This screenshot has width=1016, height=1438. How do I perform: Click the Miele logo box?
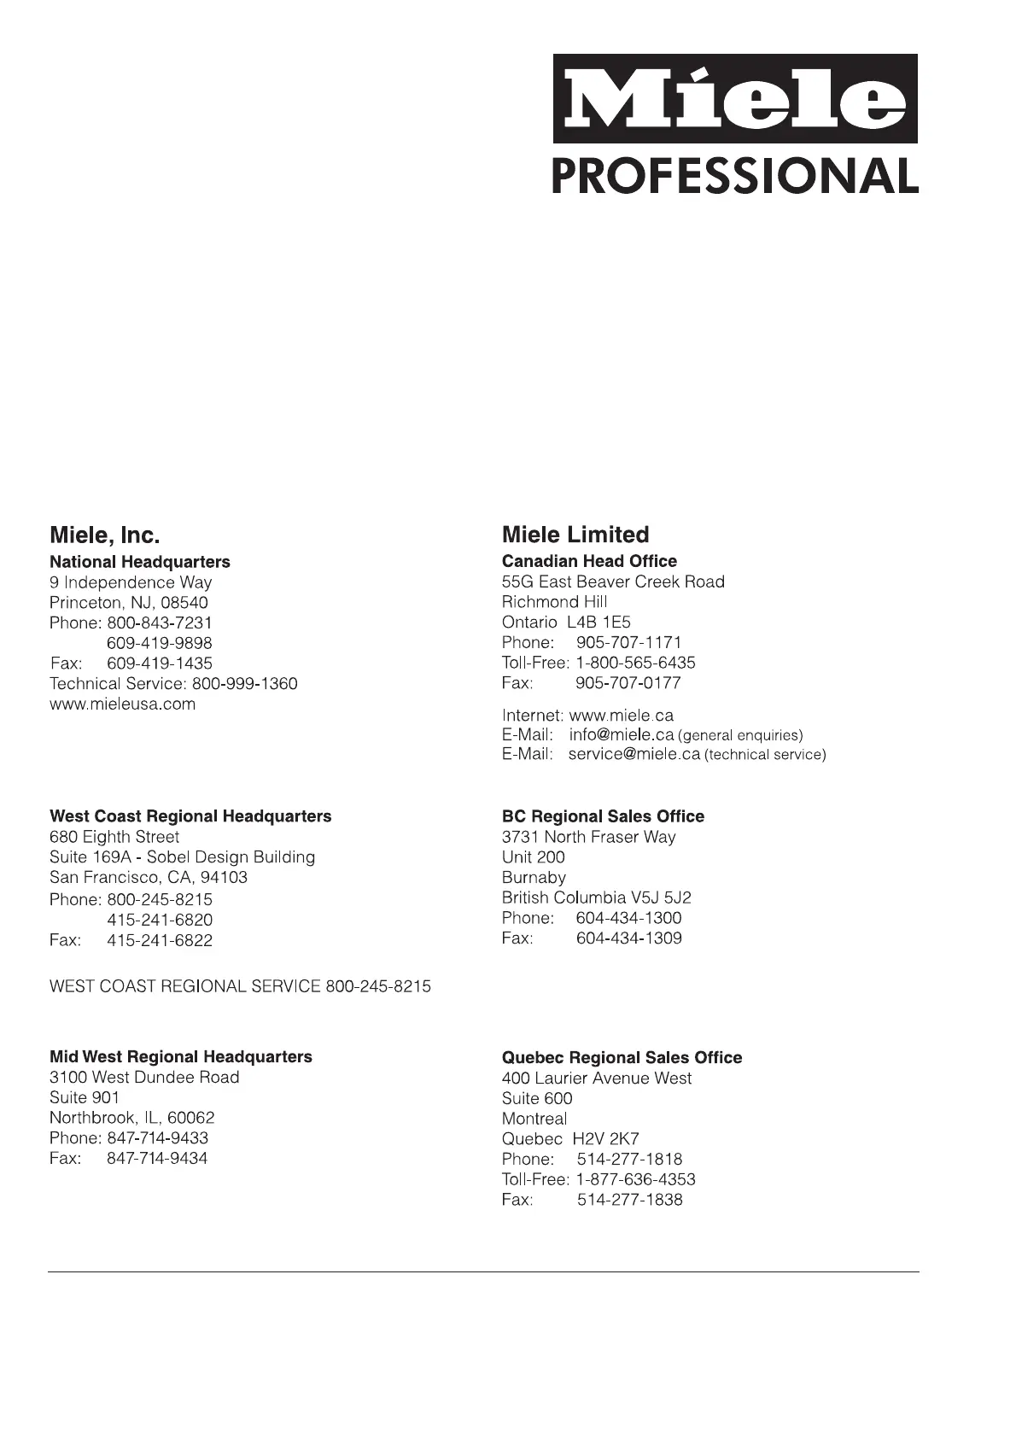point(735,99)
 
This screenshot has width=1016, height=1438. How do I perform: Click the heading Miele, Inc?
point(105,535)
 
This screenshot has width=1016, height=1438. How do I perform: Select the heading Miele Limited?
point(575,535)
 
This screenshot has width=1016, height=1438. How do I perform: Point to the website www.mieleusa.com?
point(123,704)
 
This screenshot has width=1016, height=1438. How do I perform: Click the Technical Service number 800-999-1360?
point(245,684)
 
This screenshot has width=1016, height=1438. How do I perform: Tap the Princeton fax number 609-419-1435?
point(160,663)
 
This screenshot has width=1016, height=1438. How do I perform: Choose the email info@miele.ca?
point(622,735)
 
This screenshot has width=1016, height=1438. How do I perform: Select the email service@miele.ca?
point(634,755)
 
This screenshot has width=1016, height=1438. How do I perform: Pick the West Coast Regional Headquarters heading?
point(190,816)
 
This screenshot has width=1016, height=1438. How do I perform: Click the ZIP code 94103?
point(224,878)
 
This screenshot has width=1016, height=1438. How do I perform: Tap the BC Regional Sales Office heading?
point(603,816)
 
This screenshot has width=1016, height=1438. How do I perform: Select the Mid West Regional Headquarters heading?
point(181,1057)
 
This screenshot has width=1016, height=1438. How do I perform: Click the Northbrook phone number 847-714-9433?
point(158,1138)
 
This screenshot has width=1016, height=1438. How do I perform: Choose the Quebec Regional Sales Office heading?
point(622,1058)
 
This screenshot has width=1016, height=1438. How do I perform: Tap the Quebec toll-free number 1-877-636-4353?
point(636,1180)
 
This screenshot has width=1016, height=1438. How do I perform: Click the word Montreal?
point(534,1119)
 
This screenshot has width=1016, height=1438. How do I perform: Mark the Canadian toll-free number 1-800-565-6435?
point(636,663)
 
